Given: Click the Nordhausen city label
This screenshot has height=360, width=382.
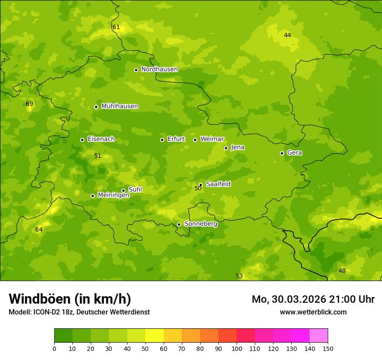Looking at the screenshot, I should pyautogui.click(x=159, y=69).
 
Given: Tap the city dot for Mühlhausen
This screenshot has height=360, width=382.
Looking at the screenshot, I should pyautogui.click(x=96, y=107).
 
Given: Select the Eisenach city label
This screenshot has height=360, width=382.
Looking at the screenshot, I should pyautogui.click(x=101, y=139).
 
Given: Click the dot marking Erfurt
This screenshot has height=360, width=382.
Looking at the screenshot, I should pyautogui.click(x=162, y=140).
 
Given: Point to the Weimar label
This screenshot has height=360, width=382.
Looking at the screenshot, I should pyautogui.click(x=212, y=139).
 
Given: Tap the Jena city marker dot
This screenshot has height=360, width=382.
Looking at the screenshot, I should pyautogui.click(x=226, y=148).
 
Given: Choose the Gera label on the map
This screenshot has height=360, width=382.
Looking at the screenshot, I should pyautogui.click(x=294, y=153).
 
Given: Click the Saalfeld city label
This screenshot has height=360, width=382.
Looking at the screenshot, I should pyautogui.click(x=218, y=184).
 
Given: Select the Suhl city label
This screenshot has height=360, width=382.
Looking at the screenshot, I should pyautogui.click(x=135, y=190).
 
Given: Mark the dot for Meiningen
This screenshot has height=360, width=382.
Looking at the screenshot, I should pyautogui.click(x=92, y=196).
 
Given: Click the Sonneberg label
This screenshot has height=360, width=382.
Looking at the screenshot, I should pyautogui.click(x=201, y=224).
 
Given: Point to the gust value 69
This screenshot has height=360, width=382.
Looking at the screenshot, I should pyautogui.click(x=30, y=104).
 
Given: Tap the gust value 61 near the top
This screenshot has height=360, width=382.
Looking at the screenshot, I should pyautogui.click(x=116, y=27).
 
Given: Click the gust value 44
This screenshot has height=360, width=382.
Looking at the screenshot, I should pyautogui.click(x=287, y=36).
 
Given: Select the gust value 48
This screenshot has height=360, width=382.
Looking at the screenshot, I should pyautogui.click(x=342, y=271).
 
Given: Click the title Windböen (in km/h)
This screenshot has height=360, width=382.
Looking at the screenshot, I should pyautogui.click(x=70, y=299).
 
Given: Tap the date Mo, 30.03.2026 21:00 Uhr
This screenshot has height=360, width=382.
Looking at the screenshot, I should pyautogui.click(x=313, y=299).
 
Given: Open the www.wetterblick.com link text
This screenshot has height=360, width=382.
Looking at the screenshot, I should pyautogui.click(x=313, y=312).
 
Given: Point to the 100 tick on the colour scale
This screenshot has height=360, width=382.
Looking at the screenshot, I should pyautogui.click(x=237, y=348).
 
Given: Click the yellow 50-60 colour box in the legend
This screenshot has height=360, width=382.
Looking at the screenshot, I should pyautogui.click(x=155, y=336).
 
